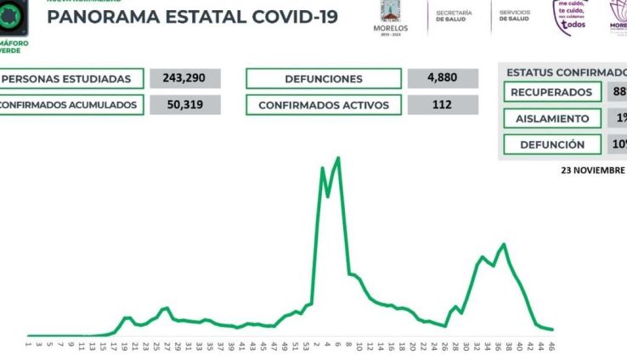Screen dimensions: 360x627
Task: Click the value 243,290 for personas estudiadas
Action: [x=184, y=79]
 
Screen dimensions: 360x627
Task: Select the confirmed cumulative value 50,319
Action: [x=184, y=105]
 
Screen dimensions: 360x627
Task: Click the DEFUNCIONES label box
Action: [x=323, y=79]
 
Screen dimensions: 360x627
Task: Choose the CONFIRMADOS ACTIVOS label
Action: [x=323, y=105]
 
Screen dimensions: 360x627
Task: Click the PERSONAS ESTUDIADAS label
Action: [x=70, y=79]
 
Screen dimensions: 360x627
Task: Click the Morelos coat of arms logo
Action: [x=392, y=13]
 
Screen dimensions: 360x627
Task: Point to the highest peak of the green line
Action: [x=339, y=158]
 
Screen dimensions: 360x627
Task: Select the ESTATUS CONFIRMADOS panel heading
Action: [x=566, y=72]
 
